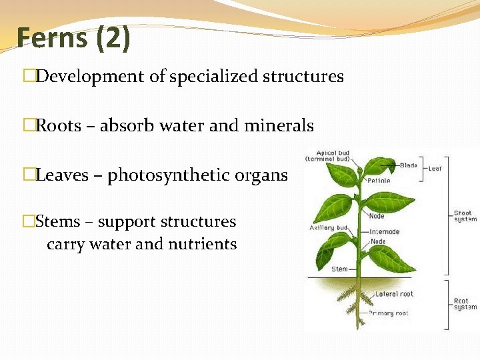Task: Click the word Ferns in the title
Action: tap(52, 38)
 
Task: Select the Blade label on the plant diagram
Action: tap(409, 165)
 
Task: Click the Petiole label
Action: tap(379, 181)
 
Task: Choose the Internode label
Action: tap(384, 232)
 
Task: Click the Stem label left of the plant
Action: tap(339, 269)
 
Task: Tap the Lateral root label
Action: tap(393, 293)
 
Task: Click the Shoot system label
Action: tap(465, 217)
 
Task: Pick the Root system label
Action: tap(465, 304)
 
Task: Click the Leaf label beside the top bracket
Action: tap(435, 169)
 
